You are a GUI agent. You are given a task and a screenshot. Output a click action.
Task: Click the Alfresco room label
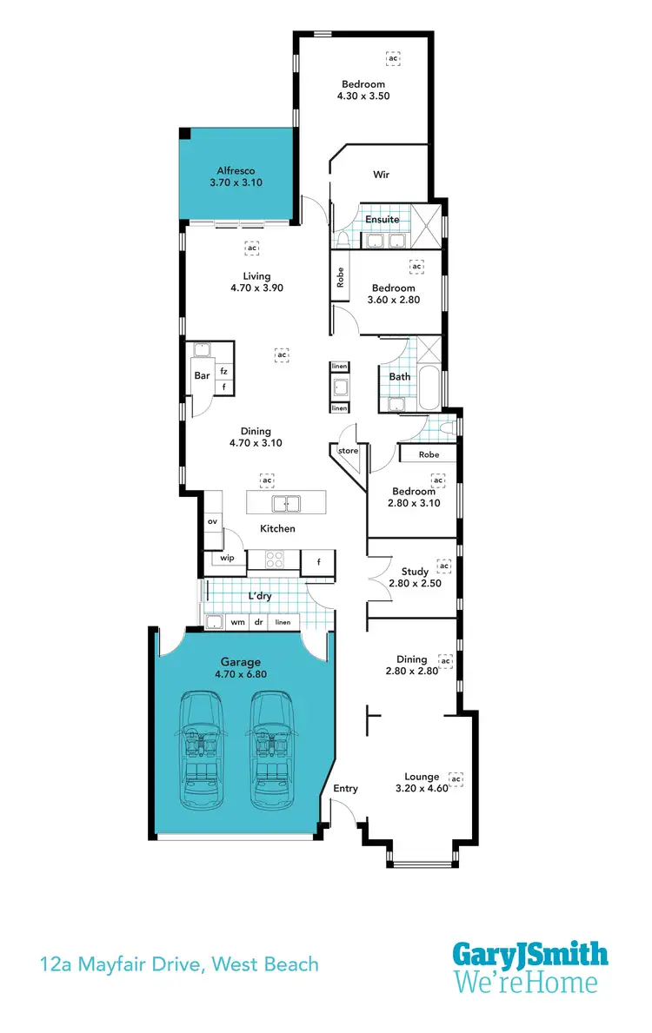pyautogui.click(x=236, y=171)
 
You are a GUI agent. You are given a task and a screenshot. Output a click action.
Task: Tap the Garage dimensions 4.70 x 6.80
pyautogui.click(x=240, y=674)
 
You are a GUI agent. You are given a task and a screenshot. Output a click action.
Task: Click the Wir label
pyautogui.click(x=381, y=175)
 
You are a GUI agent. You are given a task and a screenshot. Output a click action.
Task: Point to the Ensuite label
pyautogui.click(x=382, y=220)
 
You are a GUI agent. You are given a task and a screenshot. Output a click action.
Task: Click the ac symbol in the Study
pyautogui.click(x=443, y=566)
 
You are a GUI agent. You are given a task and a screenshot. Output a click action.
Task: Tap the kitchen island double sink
pyautogui.click(x=286, y=503)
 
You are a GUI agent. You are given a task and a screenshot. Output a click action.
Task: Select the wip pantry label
pyautogui.click(x=227, y=558)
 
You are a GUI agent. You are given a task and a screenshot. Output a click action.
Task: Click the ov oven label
pyautogui.click(x=212, y=521)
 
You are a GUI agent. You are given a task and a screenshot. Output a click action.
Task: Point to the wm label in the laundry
pyautogui.click(x=237, y=622)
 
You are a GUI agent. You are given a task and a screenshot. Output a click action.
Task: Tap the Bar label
pyautogui.click(x=202, y=376)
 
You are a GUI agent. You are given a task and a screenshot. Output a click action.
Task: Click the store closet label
pyautogui.click(x=348, y=451)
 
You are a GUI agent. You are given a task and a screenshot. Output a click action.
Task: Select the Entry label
pyautogui.click(x=345, y=788)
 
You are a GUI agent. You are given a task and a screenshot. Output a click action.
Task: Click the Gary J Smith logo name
pyautogui.click(x=529, y=956)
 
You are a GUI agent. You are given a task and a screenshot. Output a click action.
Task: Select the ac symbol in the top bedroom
pyautogui.click(x=394, y=58)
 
